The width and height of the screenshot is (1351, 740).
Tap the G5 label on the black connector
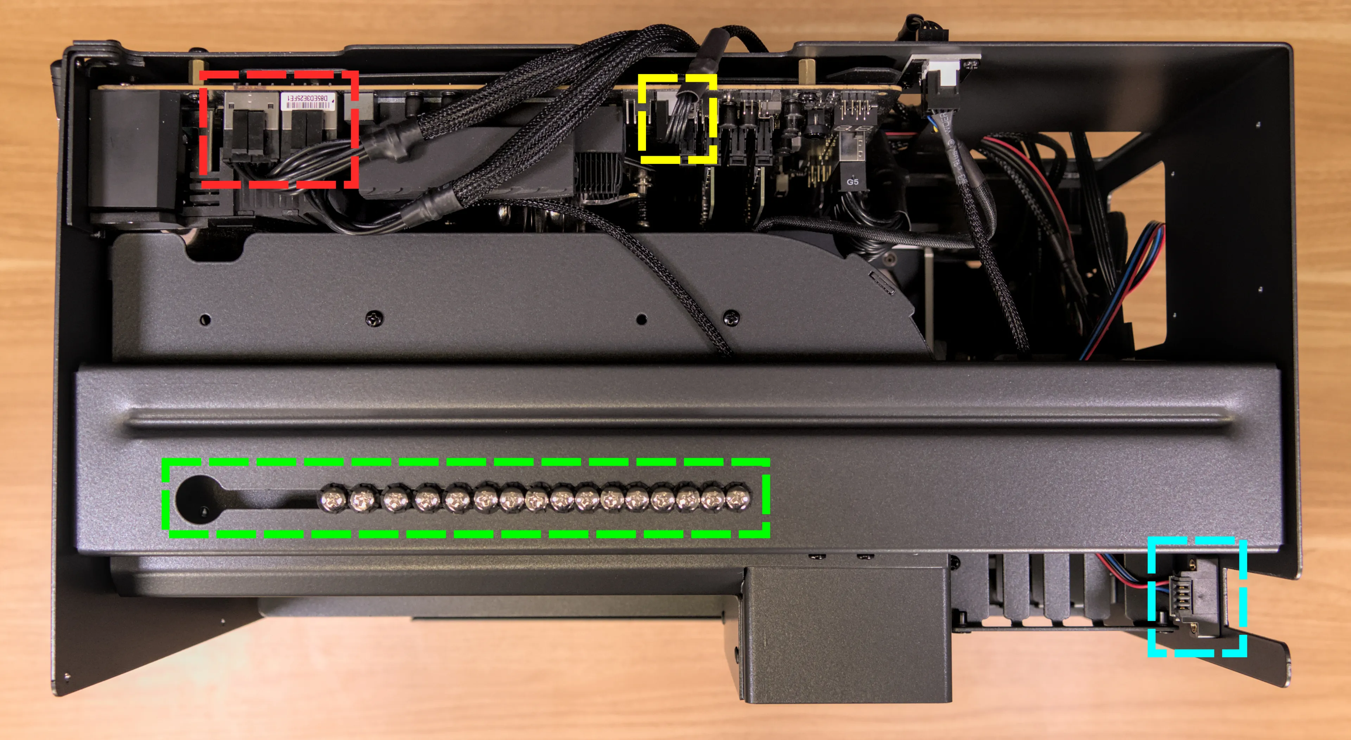tap(852, 182)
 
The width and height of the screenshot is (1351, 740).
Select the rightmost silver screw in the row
tap(738, 497)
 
